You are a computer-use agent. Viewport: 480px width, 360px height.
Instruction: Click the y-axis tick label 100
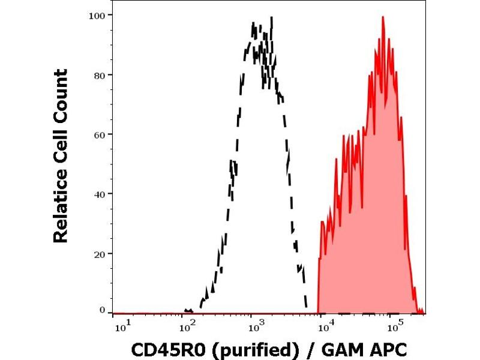98,15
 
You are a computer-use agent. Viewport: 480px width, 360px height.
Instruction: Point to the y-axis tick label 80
100,75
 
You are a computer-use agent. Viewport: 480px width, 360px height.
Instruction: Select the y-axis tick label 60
100,134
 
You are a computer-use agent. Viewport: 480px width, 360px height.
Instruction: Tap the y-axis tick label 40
100,194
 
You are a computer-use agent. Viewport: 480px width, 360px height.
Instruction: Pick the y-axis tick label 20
100,253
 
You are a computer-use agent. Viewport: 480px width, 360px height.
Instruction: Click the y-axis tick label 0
103,310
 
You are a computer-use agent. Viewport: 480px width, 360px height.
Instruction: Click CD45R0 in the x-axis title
164,348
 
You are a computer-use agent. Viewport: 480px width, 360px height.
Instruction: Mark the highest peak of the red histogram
382,17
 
